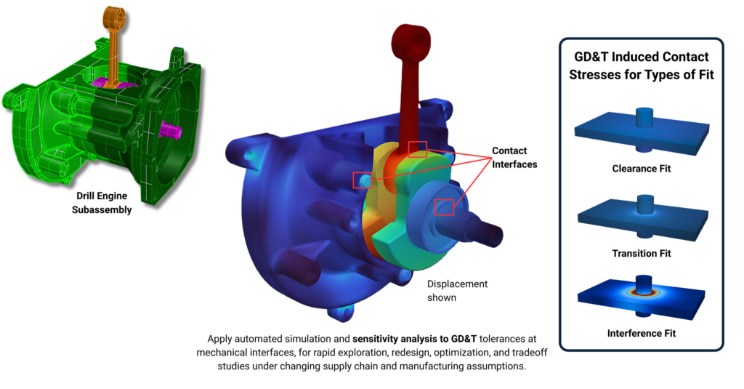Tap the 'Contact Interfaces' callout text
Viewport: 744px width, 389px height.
coord(514,158)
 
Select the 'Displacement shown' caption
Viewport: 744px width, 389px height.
coord(457,290)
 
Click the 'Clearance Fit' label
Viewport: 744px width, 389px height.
coord(641,169)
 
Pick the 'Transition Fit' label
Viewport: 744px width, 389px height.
coord(641,254)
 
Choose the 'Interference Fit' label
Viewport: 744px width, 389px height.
coord(641,334)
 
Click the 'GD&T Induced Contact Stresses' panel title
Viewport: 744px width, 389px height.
coord(641,65)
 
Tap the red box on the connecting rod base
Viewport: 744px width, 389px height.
coord(417,149)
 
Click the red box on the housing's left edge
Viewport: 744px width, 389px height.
coord(361,180)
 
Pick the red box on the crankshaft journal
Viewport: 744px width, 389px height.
coord(444,207)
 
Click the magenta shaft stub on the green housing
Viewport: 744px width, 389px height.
coord(171,130)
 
